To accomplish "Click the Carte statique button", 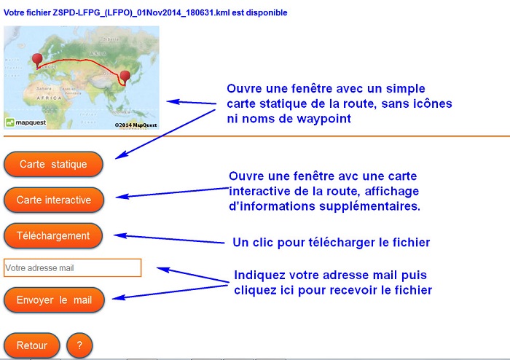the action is [x=53, y=164].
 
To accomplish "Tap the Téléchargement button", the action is [x=53, y=236].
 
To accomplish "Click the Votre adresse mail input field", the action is [x=73, y=267].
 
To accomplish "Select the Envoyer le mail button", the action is [x=54, y=300].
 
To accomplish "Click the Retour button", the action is [x=32, y=345].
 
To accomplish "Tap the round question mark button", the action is [x=79, y=345].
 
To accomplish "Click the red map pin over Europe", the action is [x=37, y=60].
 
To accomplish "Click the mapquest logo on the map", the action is [x=26, y=122].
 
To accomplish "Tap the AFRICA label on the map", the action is [x=49, y=98].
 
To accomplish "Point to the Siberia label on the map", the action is [x=111, y=39].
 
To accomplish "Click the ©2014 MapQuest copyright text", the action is [x=136, y=125].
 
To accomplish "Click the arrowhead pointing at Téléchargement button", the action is [x=119, y=235].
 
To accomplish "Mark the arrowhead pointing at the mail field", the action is [x=163, y=270].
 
